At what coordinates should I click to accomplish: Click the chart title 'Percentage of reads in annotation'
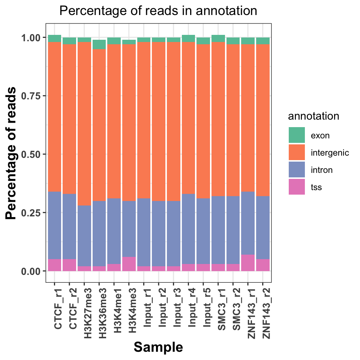(158, 11)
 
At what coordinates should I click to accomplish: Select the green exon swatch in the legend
(296, 135)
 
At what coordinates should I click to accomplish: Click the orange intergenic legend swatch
(296, 153)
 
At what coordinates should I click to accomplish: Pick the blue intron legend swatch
(296, 170)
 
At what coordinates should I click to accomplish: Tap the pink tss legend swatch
(296, 187)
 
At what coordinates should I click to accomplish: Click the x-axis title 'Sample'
(158, 347)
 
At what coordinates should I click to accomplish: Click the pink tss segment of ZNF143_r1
(248, 263)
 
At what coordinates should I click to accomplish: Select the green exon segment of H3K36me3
(99, 45)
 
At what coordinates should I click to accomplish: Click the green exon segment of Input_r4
(188, 38)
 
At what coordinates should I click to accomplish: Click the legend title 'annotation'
(313, 116)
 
